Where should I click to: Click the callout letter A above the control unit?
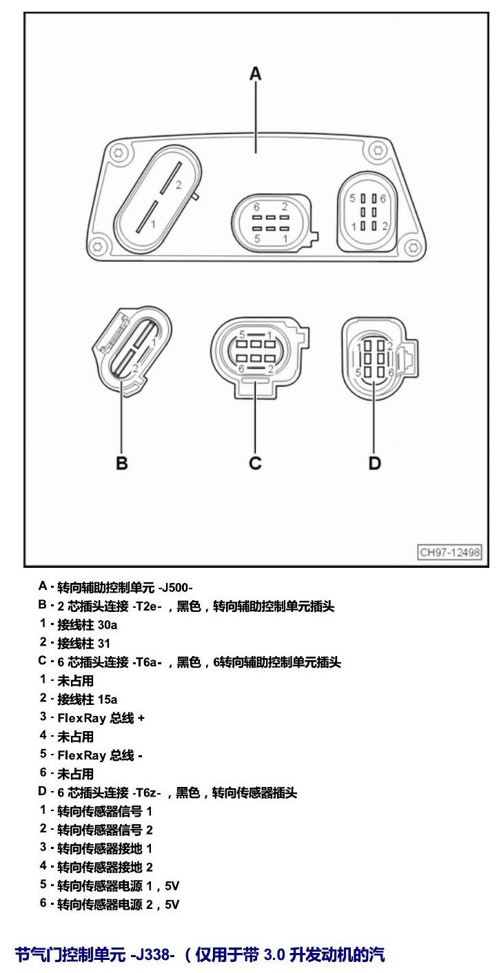click(256, 74)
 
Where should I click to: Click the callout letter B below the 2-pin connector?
click(121, 463)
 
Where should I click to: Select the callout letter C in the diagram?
click(255, 463)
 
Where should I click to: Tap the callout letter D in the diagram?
click(374, 463)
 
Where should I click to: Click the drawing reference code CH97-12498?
click(449, 552)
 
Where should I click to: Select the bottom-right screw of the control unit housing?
click(413, 247)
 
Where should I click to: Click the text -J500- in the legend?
click(175, 588)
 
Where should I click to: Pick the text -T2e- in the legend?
click(147, 606)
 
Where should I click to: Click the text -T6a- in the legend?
click(147, 662)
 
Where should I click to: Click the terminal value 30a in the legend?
click(108, 624)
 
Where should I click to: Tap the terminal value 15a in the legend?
click(108, 699)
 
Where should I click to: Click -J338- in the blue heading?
click(152, 954)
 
